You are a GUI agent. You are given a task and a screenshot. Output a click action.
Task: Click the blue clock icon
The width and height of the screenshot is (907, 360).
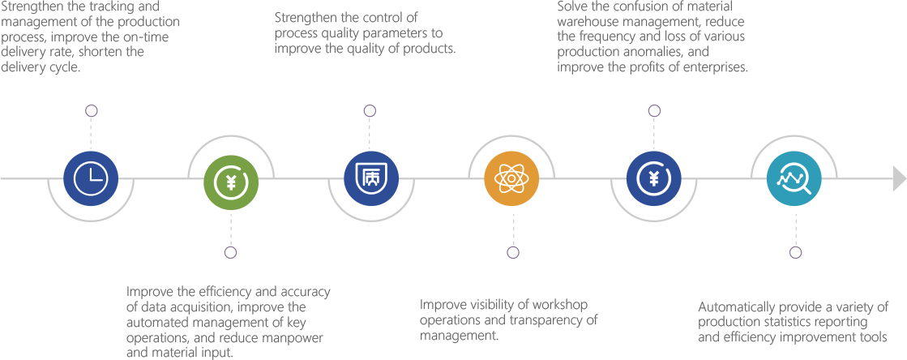click(x=91, y=179)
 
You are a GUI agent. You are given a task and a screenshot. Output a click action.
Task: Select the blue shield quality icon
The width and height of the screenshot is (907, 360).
click(x=371, y=179)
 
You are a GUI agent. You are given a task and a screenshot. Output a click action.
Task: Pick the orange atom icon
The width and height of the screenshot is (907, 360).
click(x=512, y=179)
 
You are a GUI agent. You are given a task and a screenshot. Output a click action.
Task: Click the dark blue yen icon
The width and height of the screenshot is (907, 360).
click(x=654, y=179)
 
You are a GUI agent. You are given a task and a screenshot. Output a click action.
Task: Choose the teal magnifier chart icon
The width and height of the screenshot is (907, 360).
click(x=794, y=179)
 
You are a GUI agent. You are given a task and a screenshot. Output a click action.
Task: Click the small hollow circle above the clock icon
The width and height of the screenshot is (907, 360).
click(x=91, y=110)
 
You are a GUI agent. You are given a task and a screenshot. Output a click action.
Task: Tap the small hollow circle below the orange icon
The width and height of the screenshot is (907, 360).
click(x=512, y=252)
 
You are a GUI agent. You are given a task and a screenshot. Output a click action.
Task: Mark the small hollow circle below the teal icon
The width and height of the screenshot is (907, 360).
click(x=796, y=252)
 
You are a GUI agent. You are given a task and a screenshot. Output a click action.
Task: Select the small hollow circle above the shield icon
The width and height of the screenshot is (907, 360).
click(x=370, y=110)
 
